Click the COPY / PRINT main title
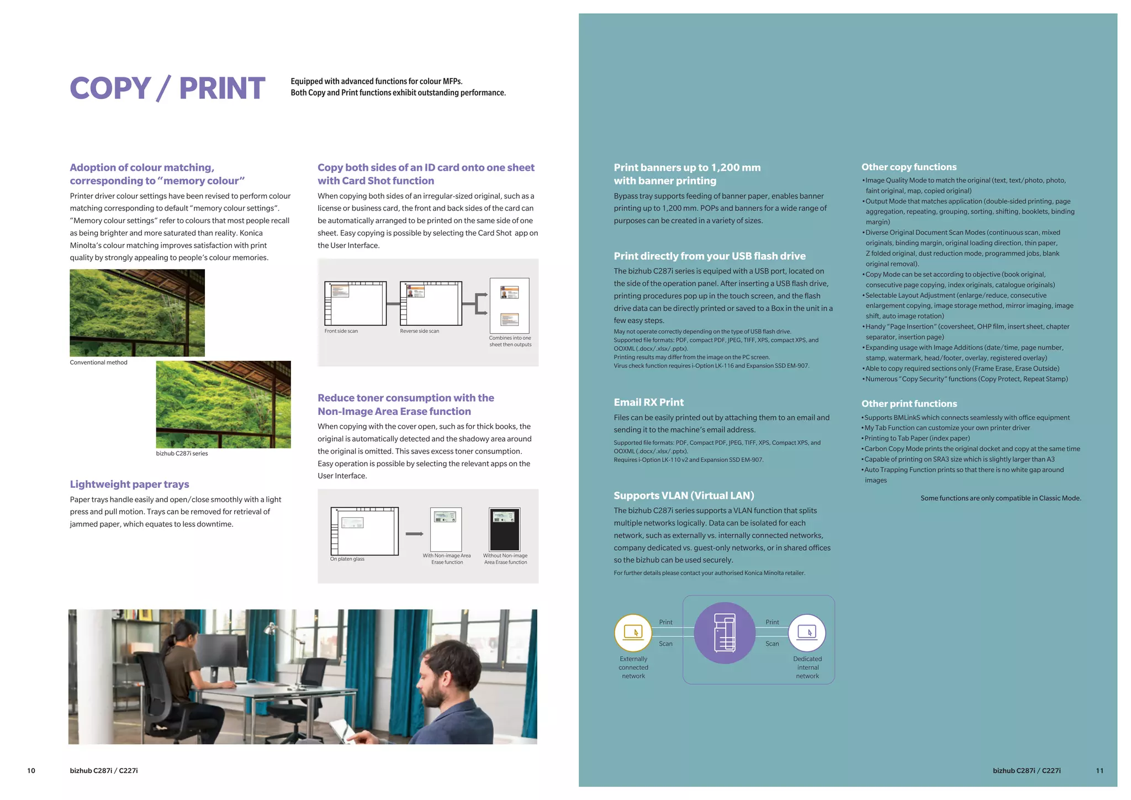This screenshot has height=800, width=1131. click(x=167, y=88)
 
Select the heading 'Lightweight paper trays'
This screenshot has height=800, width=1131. click(x=129, y=484)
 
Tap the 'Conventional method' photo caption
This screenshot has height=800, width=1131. click(x=98, y=362)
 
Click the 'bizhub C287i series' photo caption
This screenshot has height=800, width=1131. click(x=182, y=453)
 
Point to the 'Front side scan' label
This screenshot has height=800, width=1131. click(x=341, y=331)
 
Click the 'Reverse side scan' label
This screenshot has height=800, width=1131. click(x=419, y=331)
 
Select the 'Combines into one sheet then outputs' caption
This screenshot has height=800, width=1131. click(x=510, y=341)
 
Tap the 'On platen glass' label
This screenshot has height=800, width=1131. click(x=347, y=559)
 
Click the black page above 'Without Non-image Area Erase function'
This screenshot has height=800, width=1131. click(x=504, y=529)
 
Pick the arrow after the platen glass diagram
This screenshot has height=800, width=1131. click(x=414, y=534)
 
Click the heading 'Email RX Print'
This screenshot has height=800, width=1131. click(x=648, y=402)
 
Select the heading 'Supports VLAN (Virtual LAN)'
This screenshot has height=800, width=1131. click(x=684, y=496)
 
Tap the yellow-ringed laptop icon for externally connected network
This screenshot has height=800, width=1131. click(x=633, y=633)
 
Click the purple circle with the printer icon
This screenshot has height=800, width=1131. click(x=724, y=633)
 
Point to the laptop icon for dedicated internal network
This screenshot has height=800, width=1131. click(x=807, y=633)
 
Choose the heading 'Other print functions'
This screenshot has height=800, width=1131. click(x=909, y=403)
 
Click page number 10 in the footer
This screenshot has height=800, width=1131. click(x=31, y=770)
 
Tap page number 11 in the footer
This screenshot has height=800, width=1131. click(x=1099, y=770)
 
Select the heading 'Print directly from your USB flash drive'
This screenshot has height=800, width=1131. click(x=709, y=256)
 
